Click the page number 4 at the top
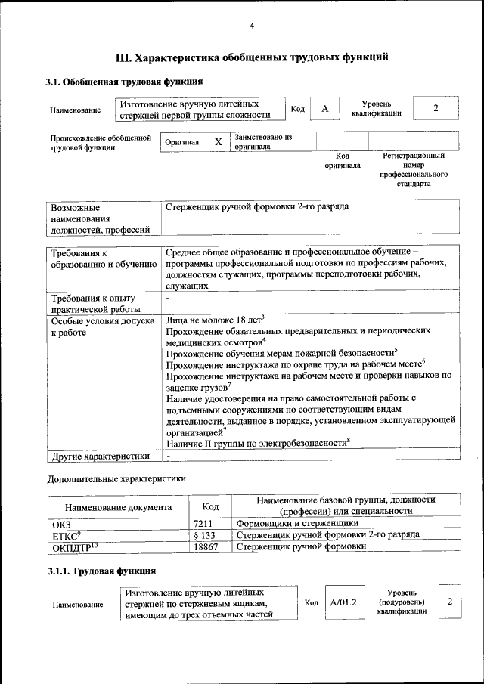[252, 26]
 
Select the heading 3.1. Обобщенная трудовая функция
[124, 82]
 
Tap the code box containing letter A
[324, 109]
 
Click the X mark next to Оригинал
[218, 142]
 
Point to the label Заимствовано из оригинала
[263, 142]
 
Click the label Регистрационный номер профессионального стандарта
[413, 169]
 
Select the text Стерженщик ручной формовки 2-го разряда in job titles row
[257, 206]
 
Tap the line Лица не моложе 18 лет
[214, 320]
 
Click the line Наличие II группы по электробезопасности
[257, 444]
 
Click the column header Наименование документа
[117, 507]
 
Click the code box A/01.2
[344, 602]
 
